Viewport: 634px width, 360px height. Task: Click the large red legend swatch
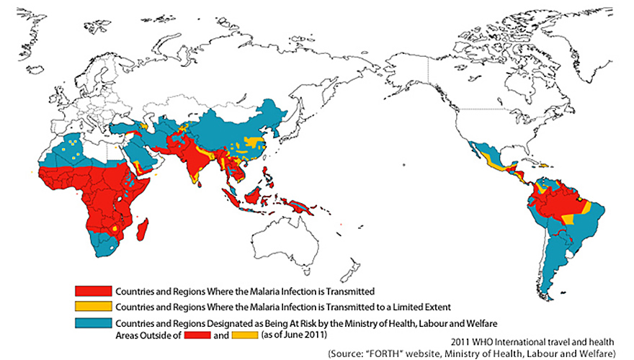coord(94,292)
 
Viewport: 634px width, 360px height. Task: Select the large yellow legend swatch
coord(94,307)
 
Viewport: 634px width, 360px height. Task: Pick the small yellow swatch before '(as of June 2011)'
coord(246,336)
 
